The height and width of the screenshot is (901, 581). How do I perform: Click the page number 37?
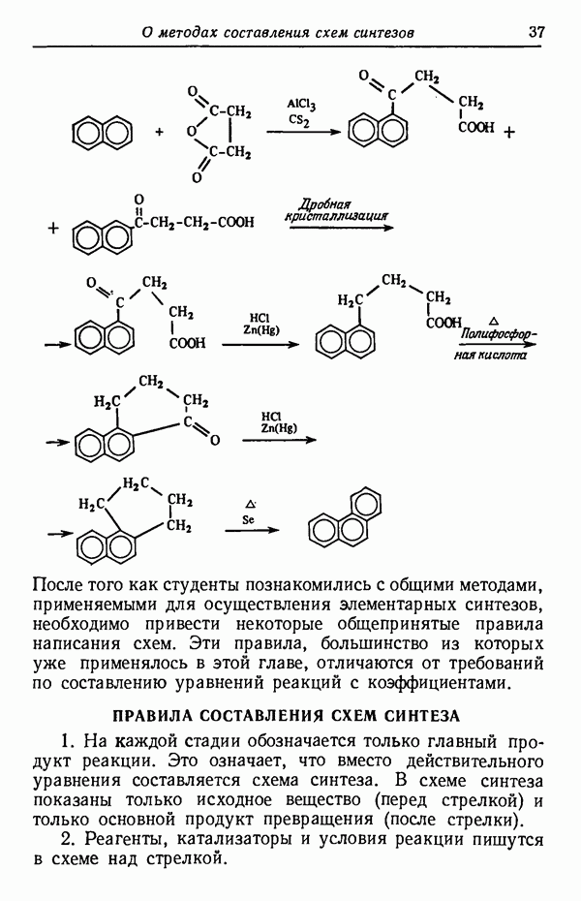click(x=535, y=31)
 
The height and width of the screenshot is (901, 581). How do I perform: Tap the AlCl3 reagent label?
click(x=301, y=106)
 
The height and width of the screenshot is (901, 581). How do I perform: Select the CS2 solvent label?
click(x=298, y=120)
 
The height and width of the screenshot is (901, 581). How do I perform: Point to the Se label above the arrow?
click(x=248, y=520)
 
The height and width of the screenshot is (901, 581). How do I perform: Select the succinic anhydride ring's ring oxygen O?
click(x=191, y=133)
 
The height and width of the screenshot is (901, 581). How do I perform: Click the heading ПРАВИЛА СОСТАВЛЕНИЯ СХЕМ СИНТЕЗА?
click(x=286, y=716)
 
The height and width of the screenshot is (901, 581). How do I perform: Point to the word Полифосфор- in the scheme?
click(x=499, y=335)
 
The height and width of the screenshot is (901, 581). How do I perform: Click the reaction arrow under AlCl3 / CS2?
click(x=303, y=133)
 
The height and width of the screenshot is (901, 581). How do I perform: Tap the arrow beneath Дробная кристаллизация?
click(x=342, y=228)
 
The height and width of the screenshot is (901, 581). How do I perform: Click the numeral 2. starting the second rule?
click(x=70, y=839)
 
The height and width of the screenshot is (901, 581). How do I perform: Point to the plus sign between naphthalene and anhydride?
click(x=159, y=133)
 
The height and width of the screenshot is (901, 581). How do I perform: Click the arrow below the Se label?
click(x=252, y=530)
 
